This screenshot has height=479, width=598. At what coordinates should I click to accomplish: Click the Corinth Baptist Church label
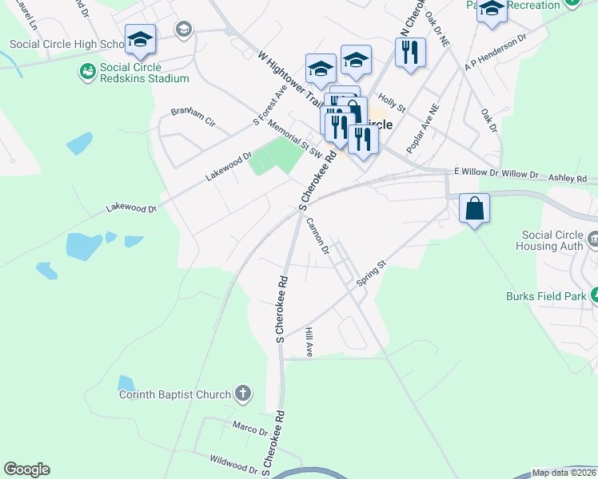[x=174, y=394]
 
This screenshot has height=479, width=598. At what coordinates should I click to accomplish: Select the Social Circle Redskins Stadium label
[x=145, y=73]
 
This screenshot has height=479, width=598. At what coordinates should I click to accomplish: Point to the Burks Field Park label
[x=546, y=296]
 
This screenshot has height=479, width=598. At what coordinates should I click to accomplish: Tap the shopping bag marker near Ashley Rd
[x=475, y=209]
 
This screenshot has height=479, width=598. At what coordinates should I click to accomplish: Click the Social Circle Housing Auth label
[x=552, y=240]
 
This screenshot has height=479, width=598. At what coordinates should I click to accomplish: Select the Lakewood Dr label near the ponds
[x=132, y=208]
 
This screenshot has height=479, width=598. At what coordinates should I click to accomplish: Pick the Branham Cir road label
[x=193, y=116]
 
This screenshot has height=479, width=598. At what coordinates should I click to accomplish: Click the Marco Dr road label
[x=250, y=430]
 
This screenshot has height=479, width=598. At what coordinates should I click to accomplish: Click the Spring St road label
[x=371, y=272]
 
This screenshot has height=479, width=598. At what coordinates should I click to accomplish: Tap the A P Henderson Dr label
[x=496, y=53]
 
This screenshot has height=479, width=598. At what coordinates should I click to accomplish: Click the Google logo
[x=26, y=469]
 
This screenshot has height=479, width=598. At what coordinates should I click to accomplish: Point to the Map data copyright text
[x=564, y=473]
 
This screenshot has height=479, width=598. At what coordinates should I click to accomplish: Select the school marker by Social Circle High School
[x=140, y=39]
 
